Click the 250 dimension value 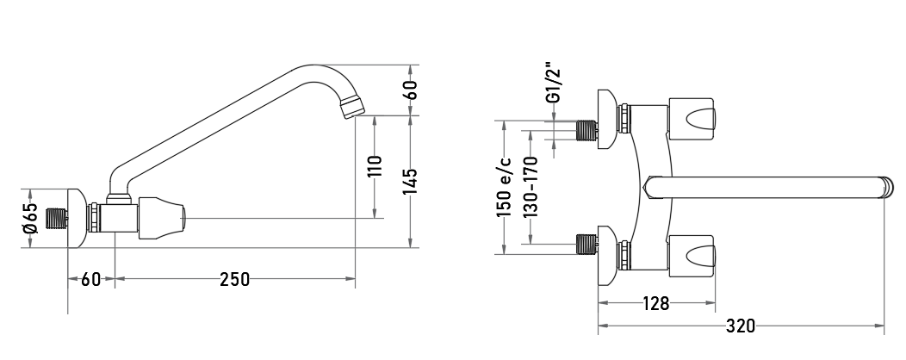(235, 280)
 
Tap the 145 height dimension (410, 182)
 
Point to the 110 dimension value (375, 166)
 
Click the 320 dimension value (740, 326)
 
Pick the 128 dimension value (655, 303)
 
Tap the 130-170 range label (531, 187)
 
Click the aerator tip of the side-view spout (353, 108)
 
